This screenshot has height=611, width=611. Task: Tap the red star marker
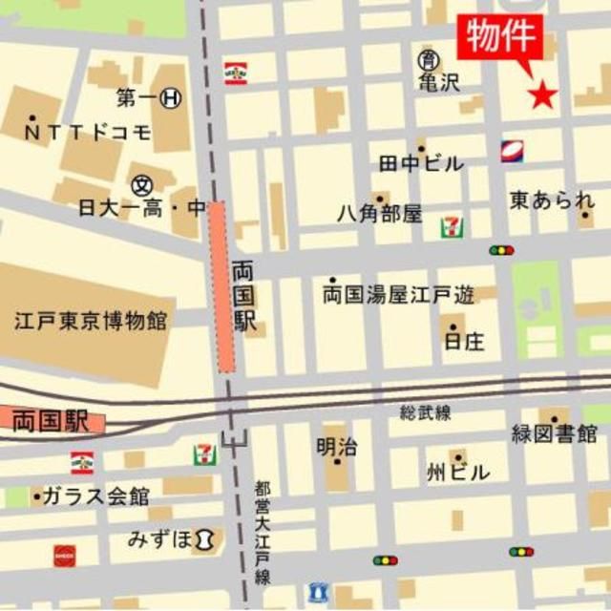(542, 94)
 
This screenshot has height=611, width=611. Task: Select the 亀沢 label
(438, 82)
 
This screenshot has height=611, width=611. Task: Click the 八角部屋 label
(379, 214)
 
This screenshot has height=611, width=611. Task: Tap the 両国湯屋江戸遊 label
(398, 295)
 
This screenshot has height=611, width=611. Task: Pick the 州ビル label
(458, 472)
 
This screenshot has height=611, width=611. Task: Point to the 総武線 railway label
(425, 411)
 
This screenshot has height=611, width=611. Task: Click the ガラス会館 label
(95, 496)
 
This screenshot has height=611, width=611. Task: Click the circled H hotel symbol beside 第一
(172, 96)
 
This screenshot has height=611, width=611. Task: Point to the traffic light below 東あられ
(500, 250)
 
